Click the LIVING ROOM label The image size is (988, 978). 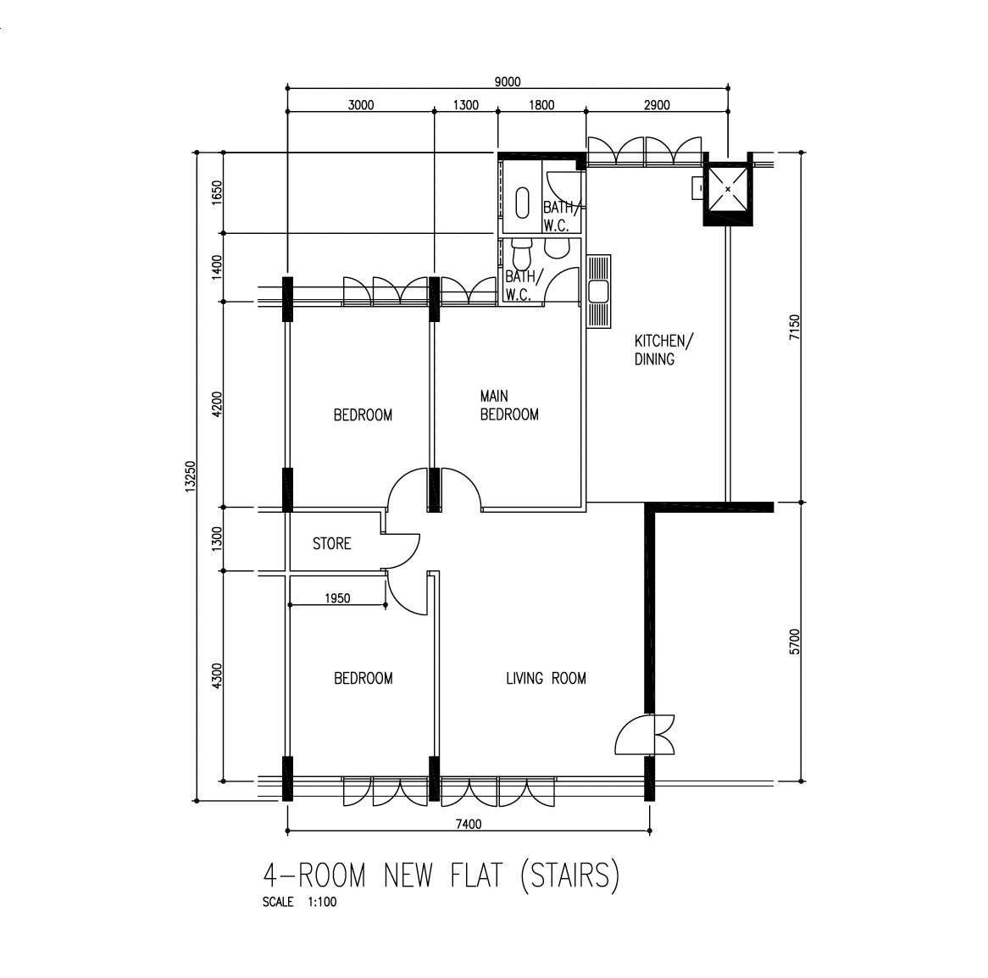click(546, 678)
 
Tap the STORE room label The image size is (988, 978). click(331, 543)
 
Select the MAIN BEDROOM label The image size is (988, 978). click(509, 405)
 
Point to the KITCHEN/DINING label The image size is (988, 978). click(663, 350)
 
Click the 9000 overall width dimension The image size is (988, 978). click(508, 82)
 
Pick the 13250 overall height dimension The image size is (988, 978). click(191, 476)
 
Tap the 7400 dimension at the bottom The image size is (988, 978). click(469, 825)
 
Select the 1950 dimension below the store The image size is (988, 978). click(337, 598)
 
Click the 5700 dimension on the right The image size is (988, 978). click(794, 642)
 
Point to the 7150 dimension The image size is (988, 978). click(794, 328)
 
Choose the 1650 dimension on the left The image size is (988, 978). click(217, 193)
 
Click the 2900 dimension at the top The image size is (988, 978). click(657, 105)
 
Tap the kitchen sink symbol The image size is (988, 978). click(598, 292)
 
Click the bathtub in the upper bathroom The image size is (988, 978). click(522, 203)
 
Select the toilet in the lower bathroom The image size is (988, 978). click(521, 253)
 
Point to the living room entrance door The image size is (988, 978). click(645, 735)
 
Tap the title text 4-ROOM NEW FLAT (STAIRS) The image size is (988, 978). click(441, 875)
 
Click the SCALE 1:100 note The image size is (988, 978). click(299, 902)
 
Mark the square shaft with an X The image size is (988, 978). click(729, 188)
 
